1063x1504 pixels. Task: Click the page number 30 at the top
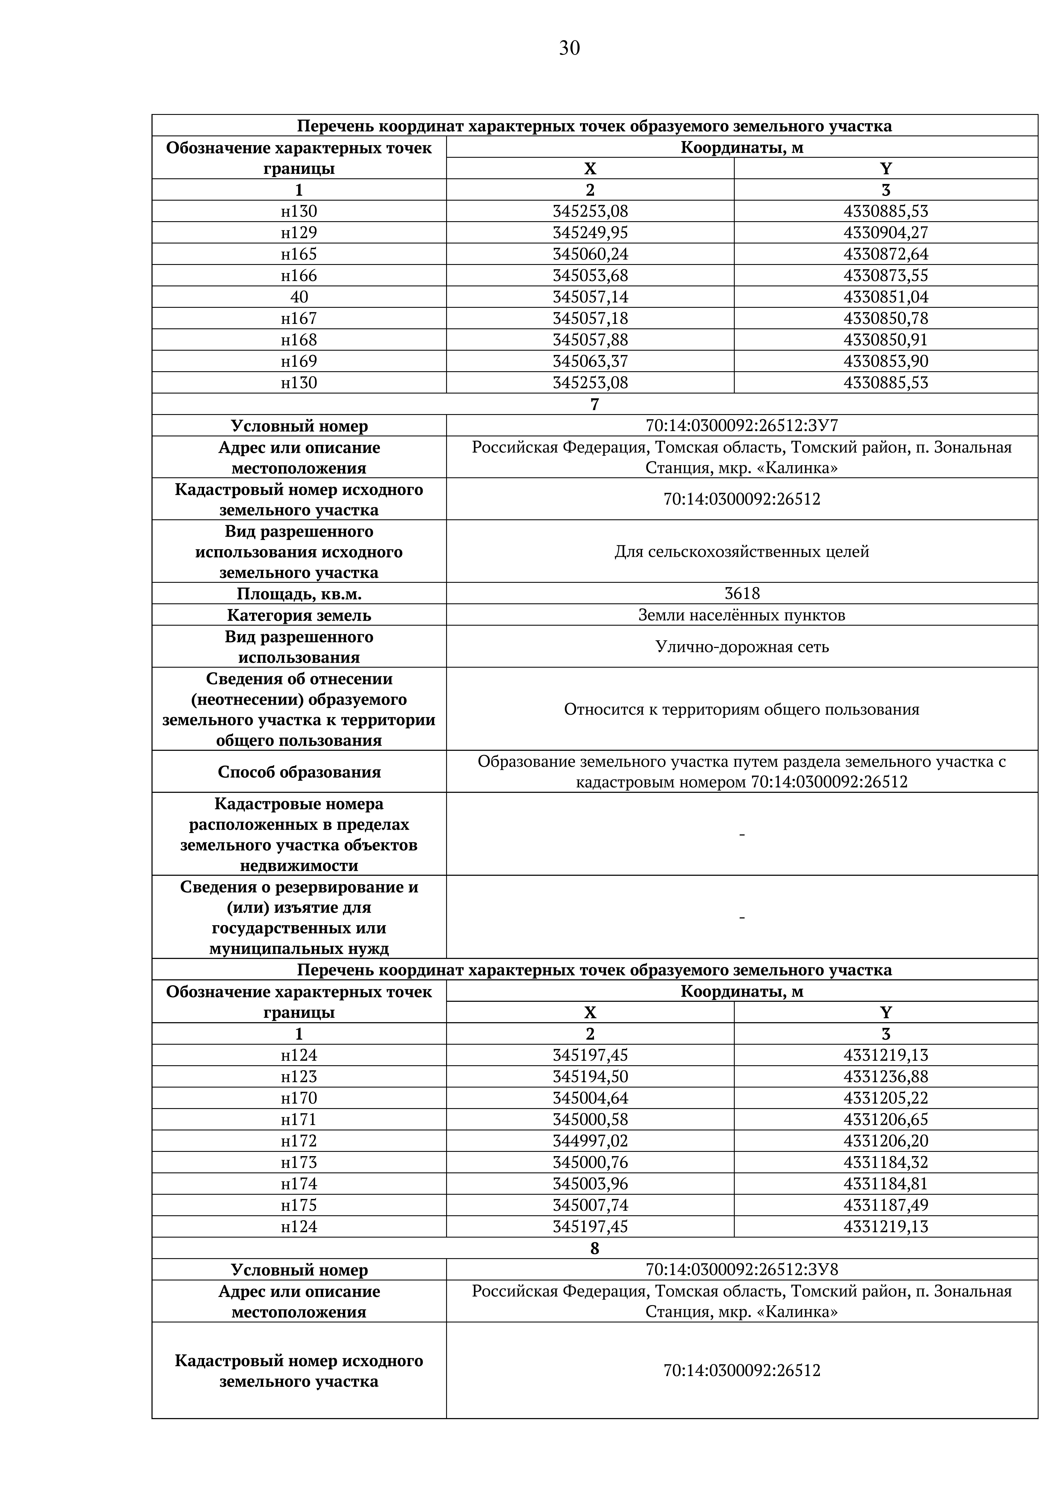coord(569,48)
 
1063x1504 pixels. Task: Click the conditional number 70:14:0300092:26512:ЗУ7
coord(741,426)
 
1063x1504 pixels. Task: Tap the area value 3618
coord(741,593)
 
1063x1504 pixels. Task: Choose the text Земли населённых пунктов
coord(741,615)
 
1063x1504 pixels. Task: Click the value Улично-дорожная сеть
coord(741,647)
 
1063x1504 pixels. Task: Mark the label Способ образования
coord(299,772)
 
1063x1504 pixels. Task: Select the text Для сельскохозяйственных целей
coord(741,551)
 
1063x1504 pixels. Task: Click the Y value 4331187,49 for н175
coord(886,1205)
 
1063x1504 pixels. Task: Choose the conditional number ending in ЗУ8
coord(741,1270)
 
